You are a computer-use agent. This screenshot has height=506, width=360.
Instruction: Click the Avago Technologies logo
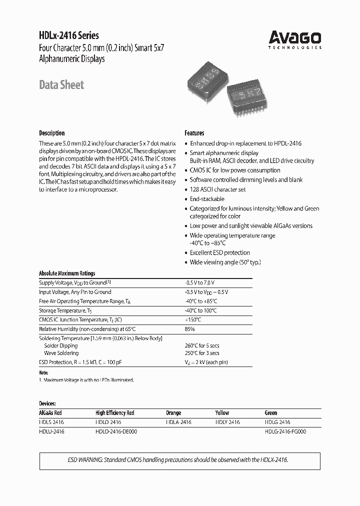coord(294,39)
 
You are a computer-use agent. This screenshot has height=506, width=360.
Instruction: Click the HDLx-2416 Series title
coord(69,35)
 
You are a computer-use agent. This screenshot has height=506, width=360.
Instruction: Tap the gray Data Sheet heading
coord(61,85)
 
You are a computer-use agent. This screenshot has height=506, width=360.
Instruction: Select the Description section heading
coord(51,133)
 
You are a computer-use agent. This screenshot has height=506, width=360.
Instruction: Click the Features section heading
coord(194,133)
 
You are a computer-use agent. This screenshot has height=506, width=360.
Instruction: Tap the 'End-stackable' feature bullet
coord(207,199)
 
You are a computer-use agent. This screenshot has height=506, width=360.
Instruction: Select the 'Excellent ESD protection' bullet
coord(219,253)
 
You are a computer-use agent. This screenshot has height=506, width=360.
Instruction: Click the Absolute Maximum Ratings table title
coord(67,273)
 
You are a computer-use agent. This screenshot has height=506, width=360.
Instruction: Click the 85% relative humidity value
coord(189,329)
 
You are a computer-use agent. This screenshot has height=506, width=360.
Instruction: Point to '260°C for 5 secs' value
coord(202,346)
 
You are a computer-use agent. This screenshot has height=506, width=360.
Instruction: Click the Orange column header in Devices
coord(173,413)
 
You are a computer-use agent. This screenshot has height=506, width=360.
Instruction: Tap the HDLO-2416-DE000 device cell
coord(115,431)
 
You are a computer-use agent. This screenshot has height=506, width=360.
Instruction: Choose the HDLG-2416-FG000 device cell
coord(285,431)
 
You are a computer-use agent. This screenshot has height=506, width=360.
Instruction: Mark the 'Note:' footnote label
coord(43,373)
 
